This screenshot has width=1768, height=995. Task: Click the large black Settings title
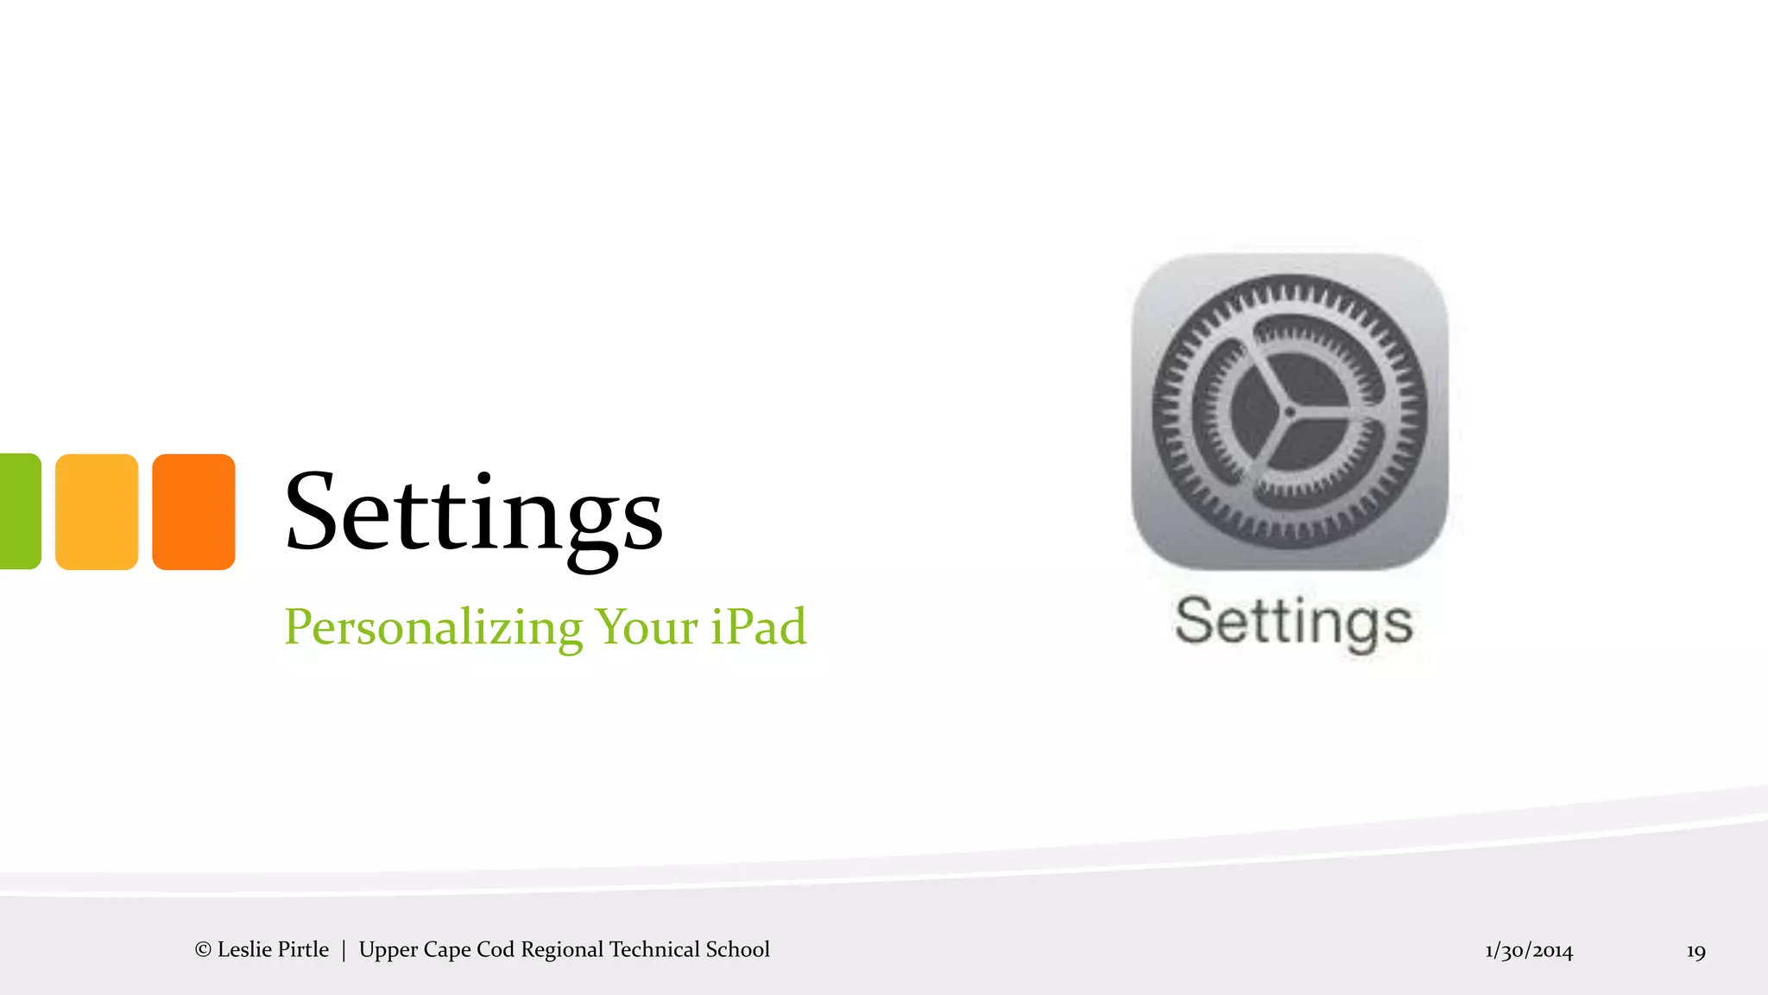pyautogui.click(x=473, y=513)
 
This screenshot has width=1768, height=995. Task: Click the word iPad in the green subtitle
pyautogui.click(x=758, y=627)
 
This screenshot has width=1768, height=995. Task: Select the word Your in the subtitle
pyautogui.click(x=647, y=627)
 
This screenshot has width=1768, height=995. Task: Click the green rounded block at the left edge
pyautogui.click(x=19, y=511)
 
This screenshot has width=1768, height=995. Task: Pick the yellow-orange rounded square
pyautogui.click(x=97, y=511)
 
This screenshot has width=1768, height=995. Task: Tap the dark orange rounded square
pyautogui.click(x=193, y=511)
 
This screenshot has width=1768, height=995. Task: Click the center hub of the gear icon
pyautogui.click(x=1289, y=413)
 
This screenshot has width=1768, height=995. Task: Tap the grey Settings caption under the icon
pyautogui.click(x=1293, y=622)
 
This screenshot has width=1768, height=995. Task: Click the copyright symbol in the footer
pyautogui.click(x=203, y=950)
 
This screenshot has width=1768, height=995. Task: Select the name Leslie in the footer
pyautogui.click(x=244, y=950)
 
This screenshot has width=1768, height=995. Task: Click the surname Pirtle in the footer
pyautogui.click(x=302, y=950)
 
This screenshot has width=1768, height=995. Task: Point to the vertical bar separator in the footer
pyautogui.click(x=344, y=950)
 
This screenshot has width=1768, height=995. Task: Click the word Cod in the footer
pyautogui.click(x=496, y=950)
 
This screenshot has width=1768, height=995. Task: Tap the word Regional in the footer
pyautogui.click(x=562, y=950)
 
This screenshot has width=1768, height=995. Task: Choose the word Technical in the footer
pyautogui.click(x=654, y=950)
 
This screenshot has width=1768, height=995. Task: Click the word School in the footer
pyautogui.click(x=738, y=950)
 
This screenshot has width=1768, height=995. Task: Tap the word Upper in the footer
pyautogui.click(x=385, y=950)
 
